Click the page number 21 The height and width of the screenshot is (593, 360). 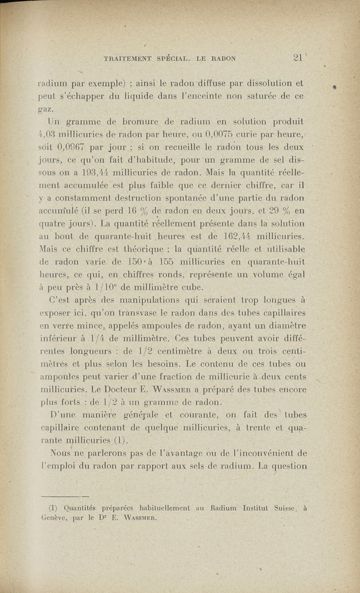pyautogui.click(x=297, y=58)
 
